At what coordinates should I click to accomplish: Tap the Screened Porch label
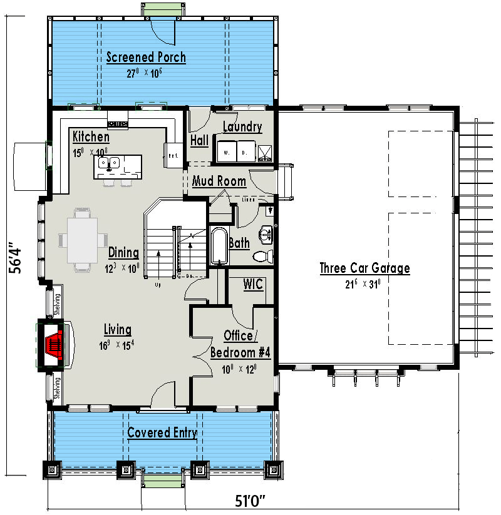coord(146,58)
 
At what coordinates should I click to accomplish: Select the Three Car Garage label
coord(364,268)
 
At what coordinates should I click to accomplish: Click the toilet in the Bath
coord(263,256)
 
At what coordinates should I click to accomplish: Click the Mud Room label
coord(219,181)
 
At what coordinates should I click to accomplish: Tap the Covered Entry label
coord(162,432)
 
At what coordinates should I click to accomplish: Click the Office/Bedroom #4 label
coord(240,344)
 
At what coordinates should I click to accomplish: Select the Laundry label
coord(242,127)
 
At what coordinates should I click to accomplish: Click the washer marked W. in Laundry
coord(226,151)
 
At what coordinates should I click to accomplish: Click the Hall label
coord(199,141)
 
